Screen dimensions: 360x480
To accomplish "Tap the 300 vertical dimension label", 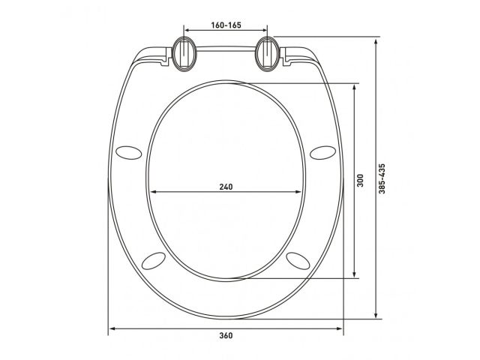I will click(x=361, y=181).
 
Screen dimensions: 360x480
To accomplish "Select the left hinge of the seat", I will click(x=184, y=54).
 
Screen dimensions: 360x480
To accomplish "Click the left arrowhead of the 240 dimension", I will click(x=152, y=193).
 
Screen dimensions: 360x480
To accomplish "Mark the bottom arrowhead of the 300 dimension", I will click(x=353, y=277).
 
